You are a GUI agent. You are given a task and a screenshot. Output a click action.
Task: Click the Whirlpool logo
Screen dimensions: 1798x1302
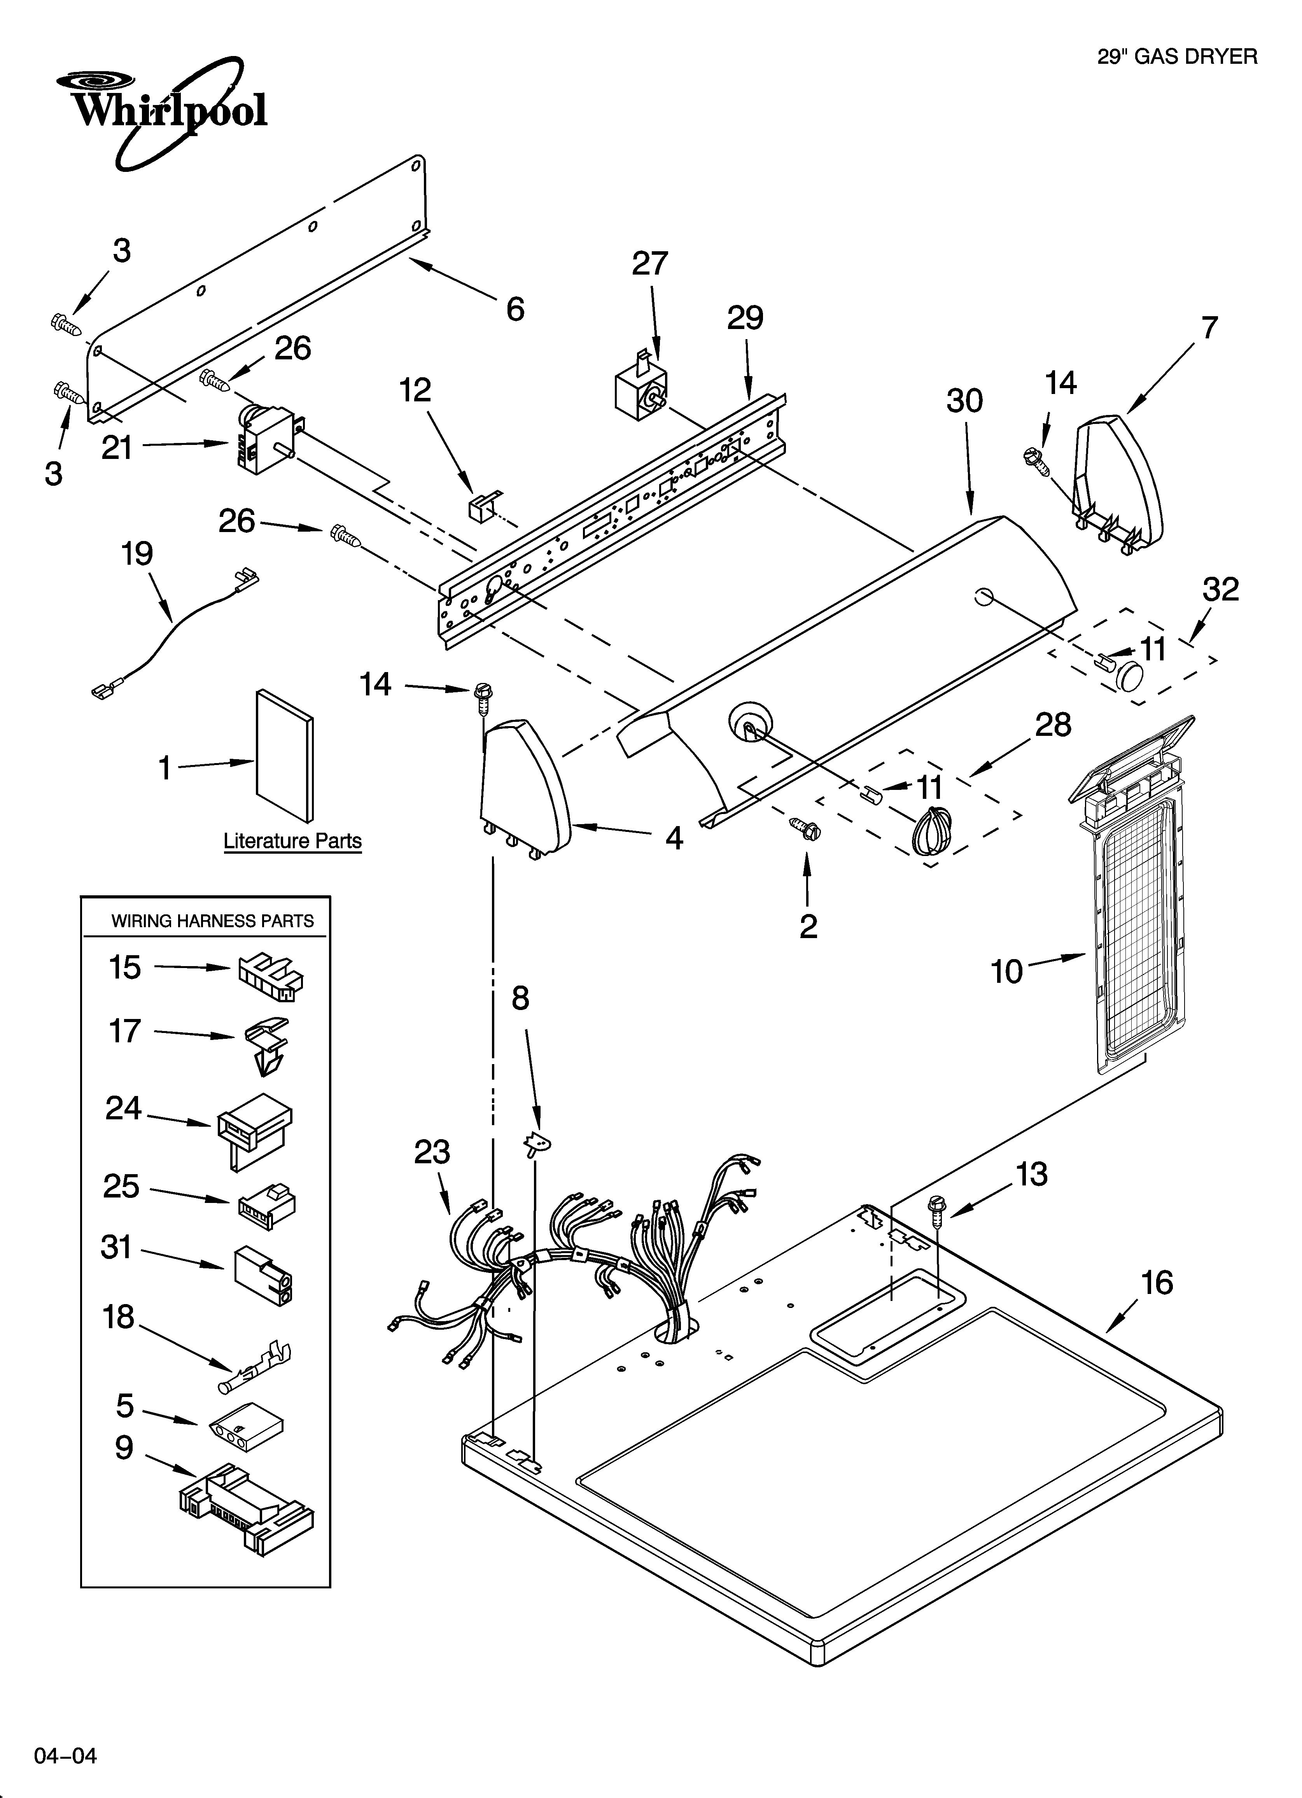(163, 111)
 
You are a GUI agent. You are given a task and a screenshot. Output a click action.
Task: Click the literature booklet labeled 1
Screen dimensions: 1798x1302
(284, 756)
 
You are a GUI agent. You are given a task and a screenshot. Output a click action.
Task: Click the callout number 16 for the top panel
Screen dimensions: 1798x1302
(1156, 1282)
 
